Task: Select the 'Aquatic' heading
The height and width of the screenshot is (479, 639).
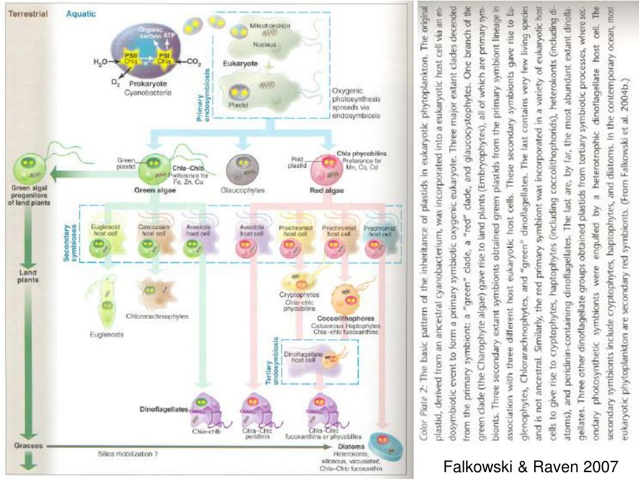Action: coord(81,14)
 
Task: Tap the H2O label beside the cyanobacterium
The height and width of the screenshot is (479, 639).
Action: coord(100,62)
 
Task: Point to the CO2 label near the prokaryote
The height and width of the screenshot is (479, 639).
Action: coord(193,62)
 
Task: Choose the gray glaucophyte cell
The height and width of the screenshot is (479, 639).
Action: coord(242,169)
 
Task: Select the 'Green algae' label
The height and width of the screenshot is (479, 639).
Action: coord(154,190)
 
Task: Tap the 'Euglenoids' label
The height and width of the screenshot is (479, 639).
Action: coord(106,334)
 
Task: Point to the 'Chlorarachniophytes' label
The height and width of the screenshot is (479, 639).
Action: coord(157,316)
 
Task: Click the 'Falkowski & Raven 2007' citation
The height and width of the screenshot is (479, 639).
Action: coord(530,466)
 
